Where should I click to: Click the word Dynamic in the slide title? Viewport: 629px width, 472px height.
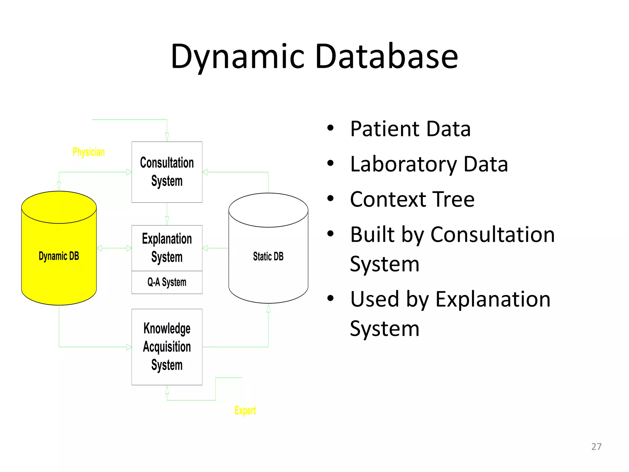[238, 57]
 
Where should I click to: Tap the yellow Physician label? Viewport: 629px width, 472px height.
[88, 152]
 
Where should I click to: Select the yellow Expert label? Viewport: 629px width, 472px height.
[245, 411]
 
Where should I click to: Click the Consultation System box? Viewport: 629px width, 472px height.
[167, 172]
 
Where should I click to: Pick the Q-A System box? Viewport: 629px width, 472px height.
[167, 282]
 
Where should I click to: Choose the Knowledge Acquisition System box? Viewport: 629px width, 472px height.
[167, 347]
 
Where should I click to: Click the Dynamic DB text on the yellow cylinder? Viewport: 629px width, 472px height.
[59, 256]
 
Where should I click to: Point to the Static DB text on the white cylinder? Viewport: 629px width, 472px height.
[268, 256]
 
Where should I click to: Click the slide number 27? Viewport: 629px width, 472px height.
[596, 446]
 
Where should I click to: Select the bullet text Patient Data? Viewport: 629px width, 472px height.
[410, 129]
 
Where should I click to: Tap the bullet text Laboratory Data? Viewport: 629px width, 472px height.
[429, 164]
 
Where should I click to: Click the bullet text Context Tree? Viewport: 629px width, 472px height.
[412, 199]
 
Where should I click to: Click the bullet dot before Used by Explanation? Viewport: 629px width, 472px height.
[330, 298]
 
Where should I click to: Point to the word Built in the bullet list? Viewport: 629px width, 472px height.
[372, 235]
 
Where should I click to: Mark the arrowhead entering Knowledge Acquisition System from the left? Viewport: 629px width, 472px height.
[129, 347]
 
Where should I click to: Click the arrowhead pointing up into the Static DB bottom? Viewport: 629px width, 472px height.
[268, 308]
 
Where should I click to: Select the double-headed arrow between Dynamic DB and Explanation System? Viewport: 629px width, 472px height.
[114, 248]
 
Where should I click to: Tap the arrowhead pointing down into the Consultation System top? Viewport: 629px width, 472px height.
[167, 137]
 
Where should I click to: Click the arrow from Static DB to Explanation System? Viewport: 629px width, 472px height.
[215, 248]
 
